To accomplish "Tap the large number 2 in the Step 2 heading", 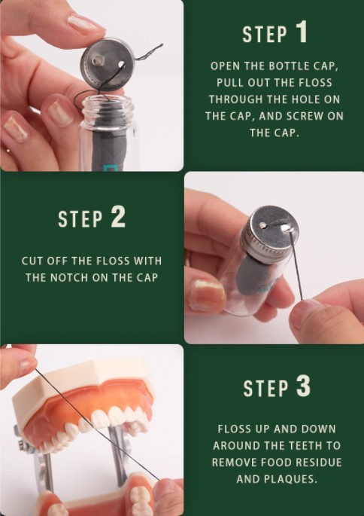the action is [118, 217].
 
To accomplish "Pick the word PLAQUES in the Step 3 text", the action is [293, 479].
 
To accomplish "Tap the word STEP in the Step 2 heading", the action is [80, 219].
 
